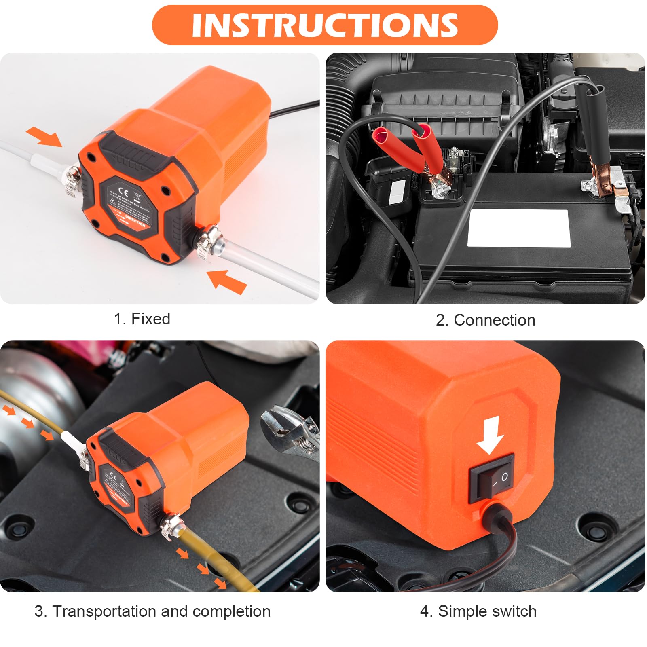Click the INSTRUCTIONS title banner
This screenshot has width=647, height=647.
(324, 25)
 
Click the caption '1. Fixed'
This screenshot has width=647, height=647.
(142, 319)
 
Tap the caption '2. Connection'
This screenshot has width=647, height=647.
(485, 320)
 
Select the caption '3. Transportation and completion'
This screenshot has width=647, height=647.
(152, 611)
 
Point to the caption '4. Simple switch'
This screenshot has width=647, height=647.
(478, 611)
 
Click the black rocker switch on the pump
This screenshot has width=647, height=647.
(492, 478)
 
